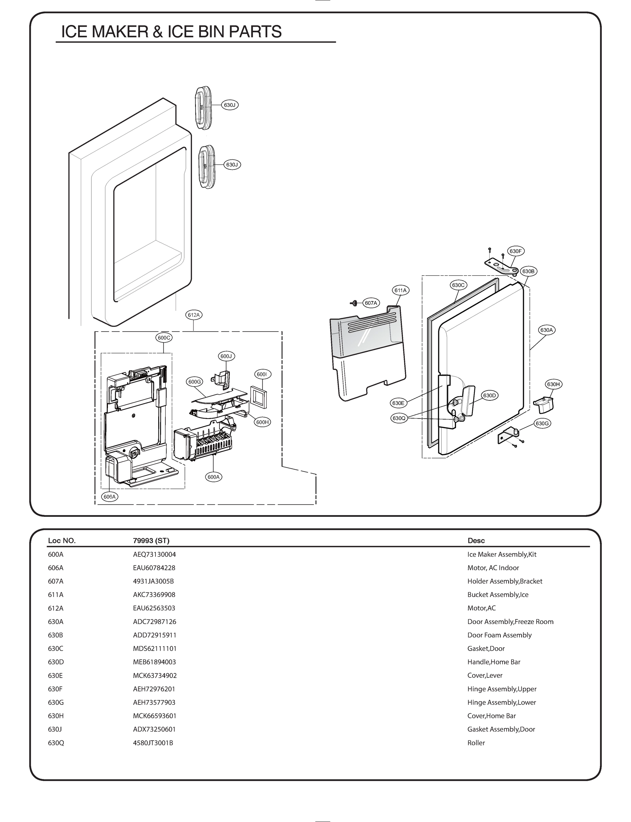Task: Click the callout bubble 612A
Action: [x=194, y=315]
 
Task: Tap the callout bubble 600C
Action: [x=164, y=338]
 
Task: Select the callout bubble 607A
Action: [x=371, y=303]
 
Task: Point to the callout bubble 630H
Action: [x=553, y=384]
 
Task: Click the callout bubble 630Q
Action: [x=399, y=418]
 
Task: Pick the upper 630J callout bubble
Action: [x=229, y=105]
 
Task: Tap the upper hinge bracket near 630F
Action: [x=502, y=266]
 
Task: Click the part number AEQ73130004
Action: [x=154, y=554]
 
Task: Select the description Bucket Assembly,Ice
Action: [x=498, y=594]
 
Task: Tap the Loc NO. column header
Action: [x=62, y=540]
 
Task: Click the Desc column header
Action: [x=476, y=540]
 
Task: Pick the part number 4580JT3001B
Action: [x=153, y=743]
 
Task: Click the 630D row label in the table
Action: [x=55, y=662]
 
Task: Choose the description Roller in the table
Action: [x=476, y=743]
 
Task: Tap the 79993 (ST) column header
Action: [x=151, y=540]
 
